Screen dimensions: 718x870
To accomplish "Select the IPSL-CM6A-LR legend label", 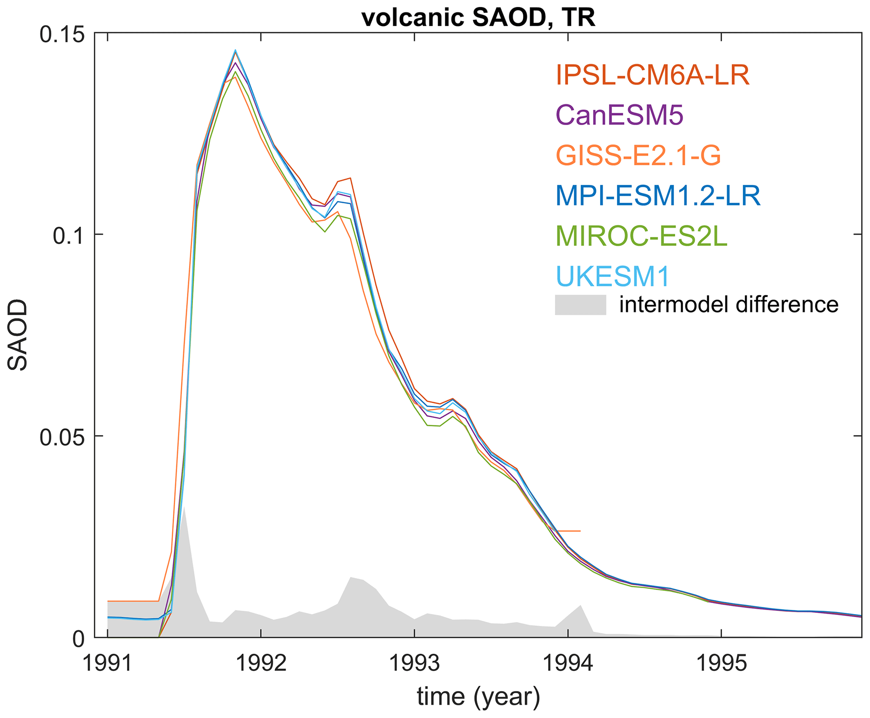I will point(652,76).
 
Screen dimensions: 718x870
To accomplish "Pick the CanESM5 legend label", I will point(619,115).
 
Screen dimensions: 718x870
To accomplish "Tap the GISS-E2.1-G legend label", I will point(638,155).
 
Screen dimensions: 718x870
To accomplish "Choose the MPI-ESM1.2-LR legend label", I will point(658,195).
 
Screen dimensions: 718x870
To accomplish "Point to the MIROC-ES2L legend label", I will point(641,236).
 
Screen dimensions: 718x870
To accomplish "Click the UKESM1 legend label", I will point(612,277).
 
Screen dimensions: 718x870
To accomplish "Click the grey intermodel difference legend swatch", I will point(580,305).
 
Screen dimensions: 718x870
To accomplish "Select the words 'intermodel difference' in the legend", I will point(729,305).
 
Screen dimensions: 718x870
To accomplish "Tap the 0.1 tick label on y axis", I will point(68,236).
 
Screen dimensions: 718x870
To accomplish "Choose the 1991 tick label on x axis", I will point(108,664).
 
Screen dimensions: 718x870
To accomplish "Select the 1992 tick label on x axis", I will point(261,664).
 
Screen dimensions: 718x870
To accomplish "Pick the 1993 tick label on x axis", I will point(415,664).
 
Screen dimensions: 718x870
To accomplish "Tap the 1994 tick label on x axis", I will point(568,664).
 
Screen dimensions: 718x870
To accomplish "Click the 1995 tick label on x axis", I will point(721,664).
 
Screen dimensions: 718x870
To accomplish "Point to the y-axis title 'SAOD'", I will point(18,335).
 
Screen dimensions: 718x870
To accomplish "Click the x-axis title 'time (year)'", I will point(478,697).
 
